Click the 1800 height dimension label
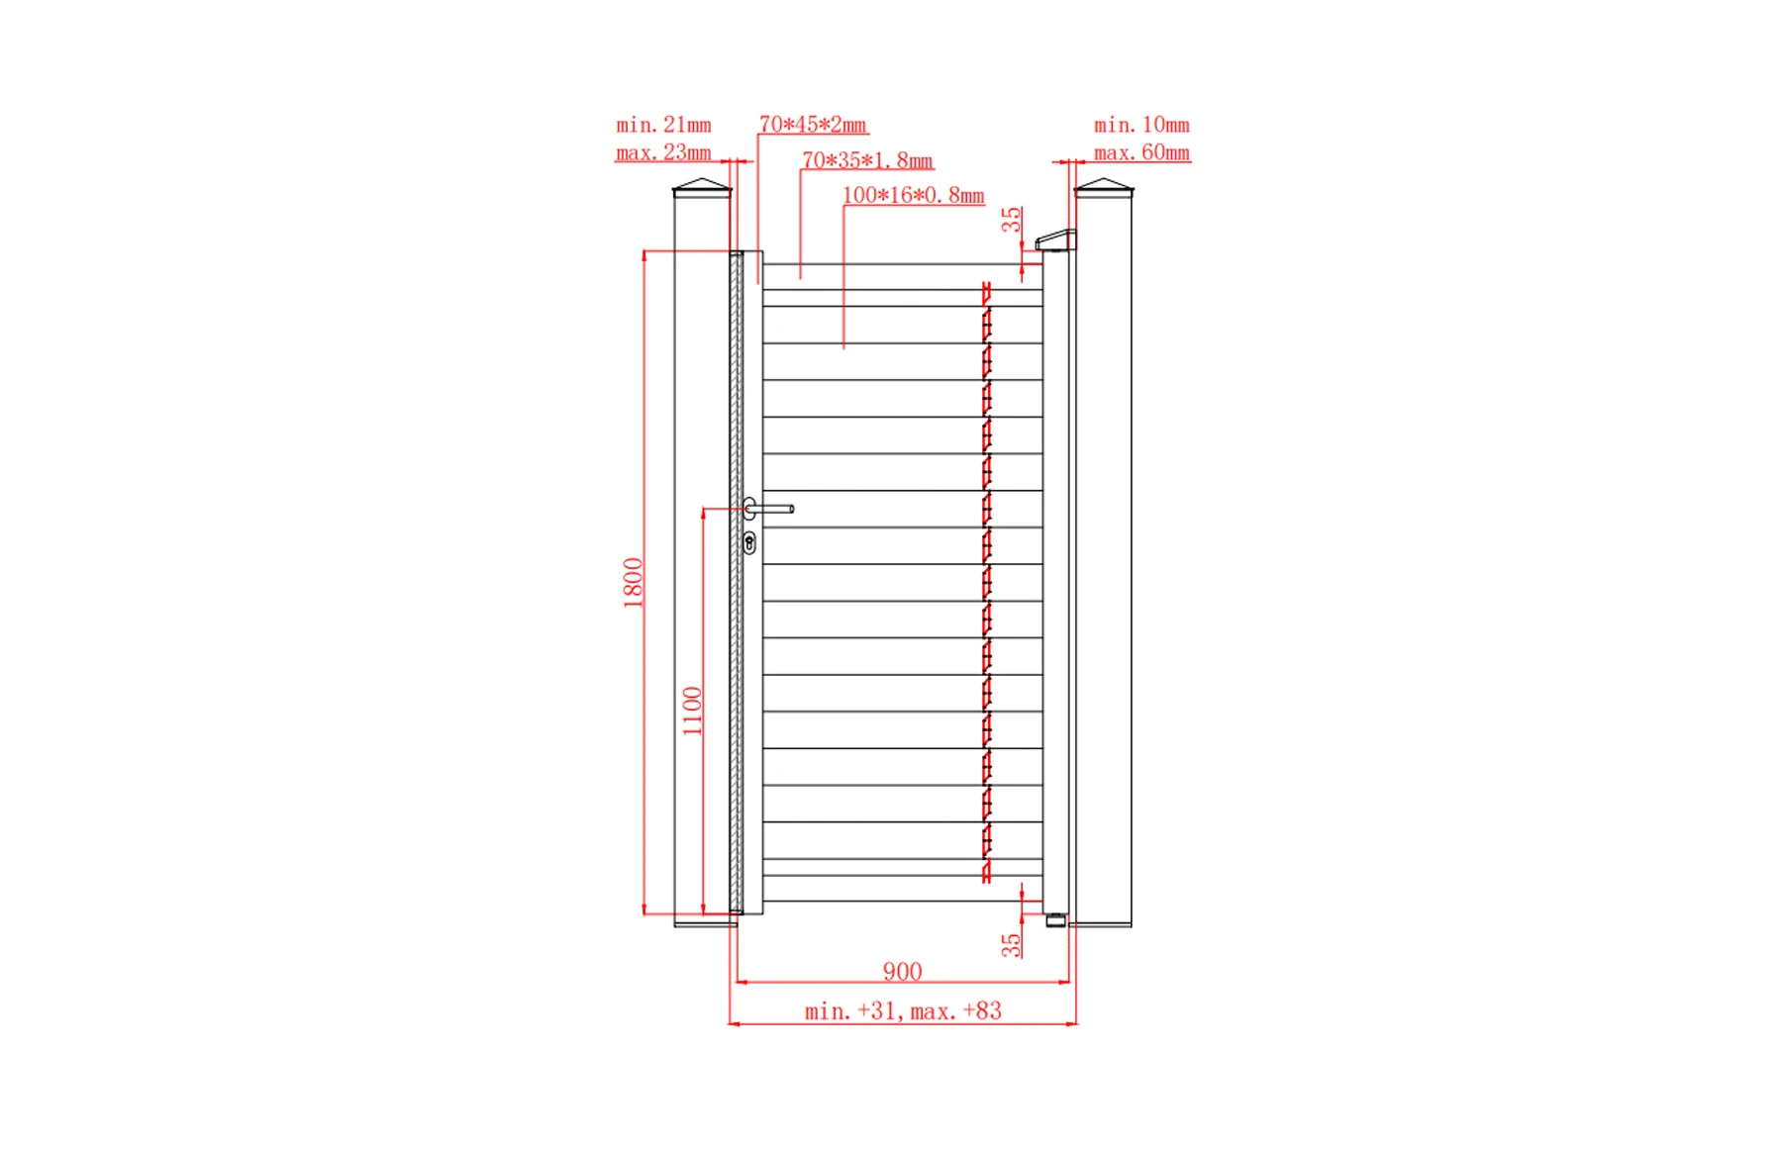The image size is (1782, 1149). click(x=633, y=582)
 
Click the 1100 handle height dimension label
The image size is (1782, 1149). click(x=692, y=711)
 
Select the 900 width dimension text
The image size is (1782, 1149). click(x=902, y=971)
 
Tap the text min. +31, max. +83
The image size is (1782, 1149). click(x=903, y=1010)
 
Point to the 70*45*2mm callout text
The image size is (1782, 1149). click(x=813, y=125)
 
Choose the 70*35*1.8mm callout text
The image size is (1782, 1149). click(x=867, y=160)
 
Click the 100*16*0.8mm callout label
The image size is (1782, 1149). click(x=913, y=195)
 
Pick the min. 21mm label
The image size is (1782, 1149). click(x=663, y=125)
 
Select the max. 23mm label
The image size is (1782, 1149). click(x=663, y=152)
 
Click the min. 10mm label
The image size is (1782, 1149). click(x=1141, y=125)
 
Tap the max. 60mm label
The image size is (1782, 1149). click(x=1141, y=152)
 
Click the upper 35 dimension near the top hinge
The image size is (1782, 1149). click(x=1011, y=220)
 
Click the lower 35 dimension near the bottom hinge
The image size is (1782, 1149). click(x=1011, y=945)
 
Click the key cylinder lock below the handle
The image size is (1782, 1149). click(x=749, y=542)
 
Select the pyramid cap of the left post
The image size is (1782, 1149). click(x=702, y=186)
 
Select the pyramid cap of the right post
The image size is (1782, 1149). click(x=1104, y=186)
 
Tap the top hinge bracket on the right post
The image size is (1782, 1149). click(x=1055, y=240)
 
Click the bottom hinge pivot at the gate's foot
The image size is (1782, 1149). click(x=1056, y=920)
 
